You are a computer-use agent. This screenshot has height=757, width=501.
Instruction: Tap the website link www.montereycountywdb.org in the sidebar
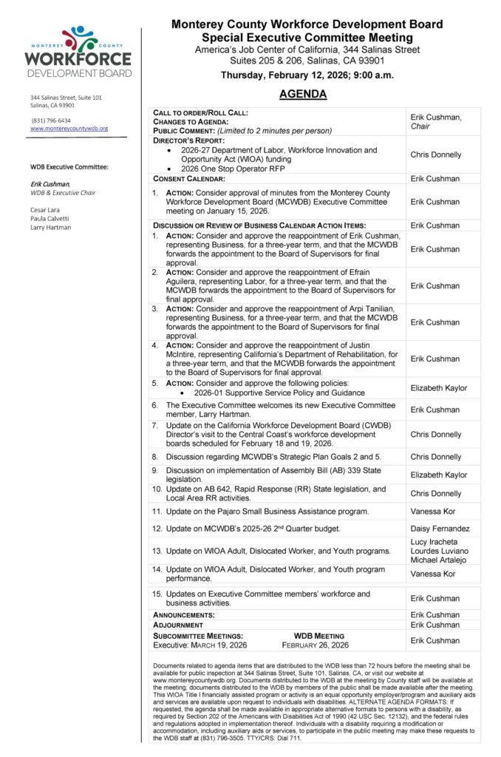coord(69,128)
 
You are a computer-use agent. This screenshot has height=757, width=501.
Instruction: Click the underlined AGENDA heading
coord(303,95)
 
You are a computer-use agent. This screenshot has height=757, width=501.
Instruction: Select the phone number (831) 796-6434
coord(51,120)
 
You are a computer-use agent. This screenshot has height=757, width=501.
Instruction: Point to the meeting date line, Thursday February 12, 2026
coord(307,75)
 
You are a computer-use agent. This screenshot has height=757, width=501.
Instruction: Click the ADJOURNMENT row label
coord(178,625)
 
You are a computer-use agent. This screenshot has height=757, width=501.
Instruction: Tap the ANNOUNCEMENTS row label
coord(184,614)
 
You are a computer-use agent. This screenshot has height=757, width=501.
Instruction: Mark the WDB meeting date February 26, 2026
coord(316,645)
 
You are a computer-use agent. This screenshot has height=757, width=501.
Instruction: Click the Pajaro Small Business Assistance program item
coord(270,511)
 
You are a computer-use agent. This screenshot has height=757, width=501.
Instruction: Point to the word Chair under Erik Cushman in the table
coord(421,126)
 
